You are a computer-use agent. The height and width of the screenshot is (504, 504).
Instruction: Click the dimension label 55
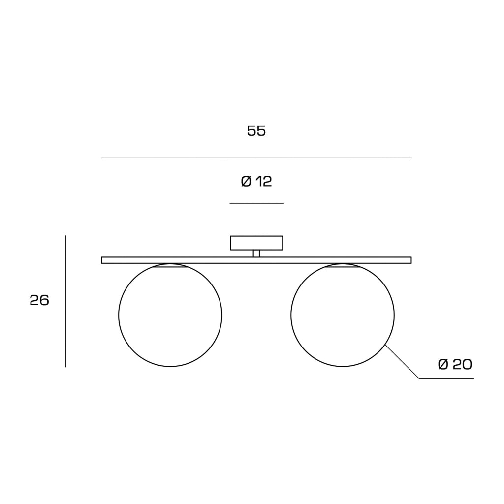pyautogui.click(x=256, y=131)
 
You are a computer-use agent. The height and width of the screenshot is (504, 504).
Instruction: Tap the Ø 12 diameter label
pyautogui.click(x=256, y=182)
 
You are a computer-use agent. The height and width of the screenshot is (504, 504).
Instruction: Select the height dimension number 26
pyautogui.click(x=39, y=300)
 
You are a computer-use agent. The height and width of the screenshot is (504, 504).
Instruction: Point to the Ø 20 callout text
pyautogui.click(x=455, y=364)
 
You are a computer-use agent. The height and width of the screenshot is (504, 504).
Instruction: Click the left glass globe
pyautogui.click(x=119, y=315)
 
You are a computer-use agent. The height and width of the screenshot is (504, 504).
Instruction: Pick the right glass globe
pyautogui.click(x=291, y=315)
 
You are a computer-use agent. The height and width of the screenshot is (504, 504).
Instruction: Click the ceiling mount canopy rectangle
pyautogui.click(x=256, y=236)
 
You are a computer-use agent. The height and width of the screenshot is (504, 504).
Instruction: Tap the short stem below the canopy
pyautogui.click(x=256, y=253)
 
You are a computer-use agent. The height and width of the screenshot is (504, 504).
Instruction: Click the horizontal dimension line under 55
pyautogui.click(x=256, y=158)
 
